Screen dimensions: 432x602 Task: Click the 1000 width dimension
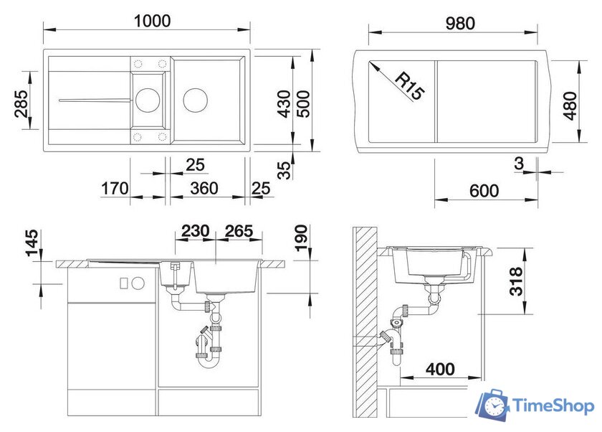pos(151,21)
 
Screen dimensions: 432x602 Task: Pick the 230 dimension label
pos(194,231)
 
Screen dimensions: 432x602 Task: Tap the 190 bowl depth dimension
pos(301,239)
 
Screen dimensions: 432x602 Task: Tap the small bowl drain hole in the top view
pos(148,98)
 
